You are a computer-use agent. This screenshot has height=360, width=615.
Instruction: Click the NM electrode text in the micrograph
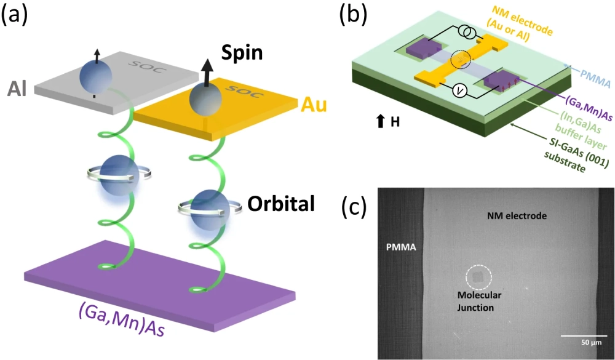tap(517, 215)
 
